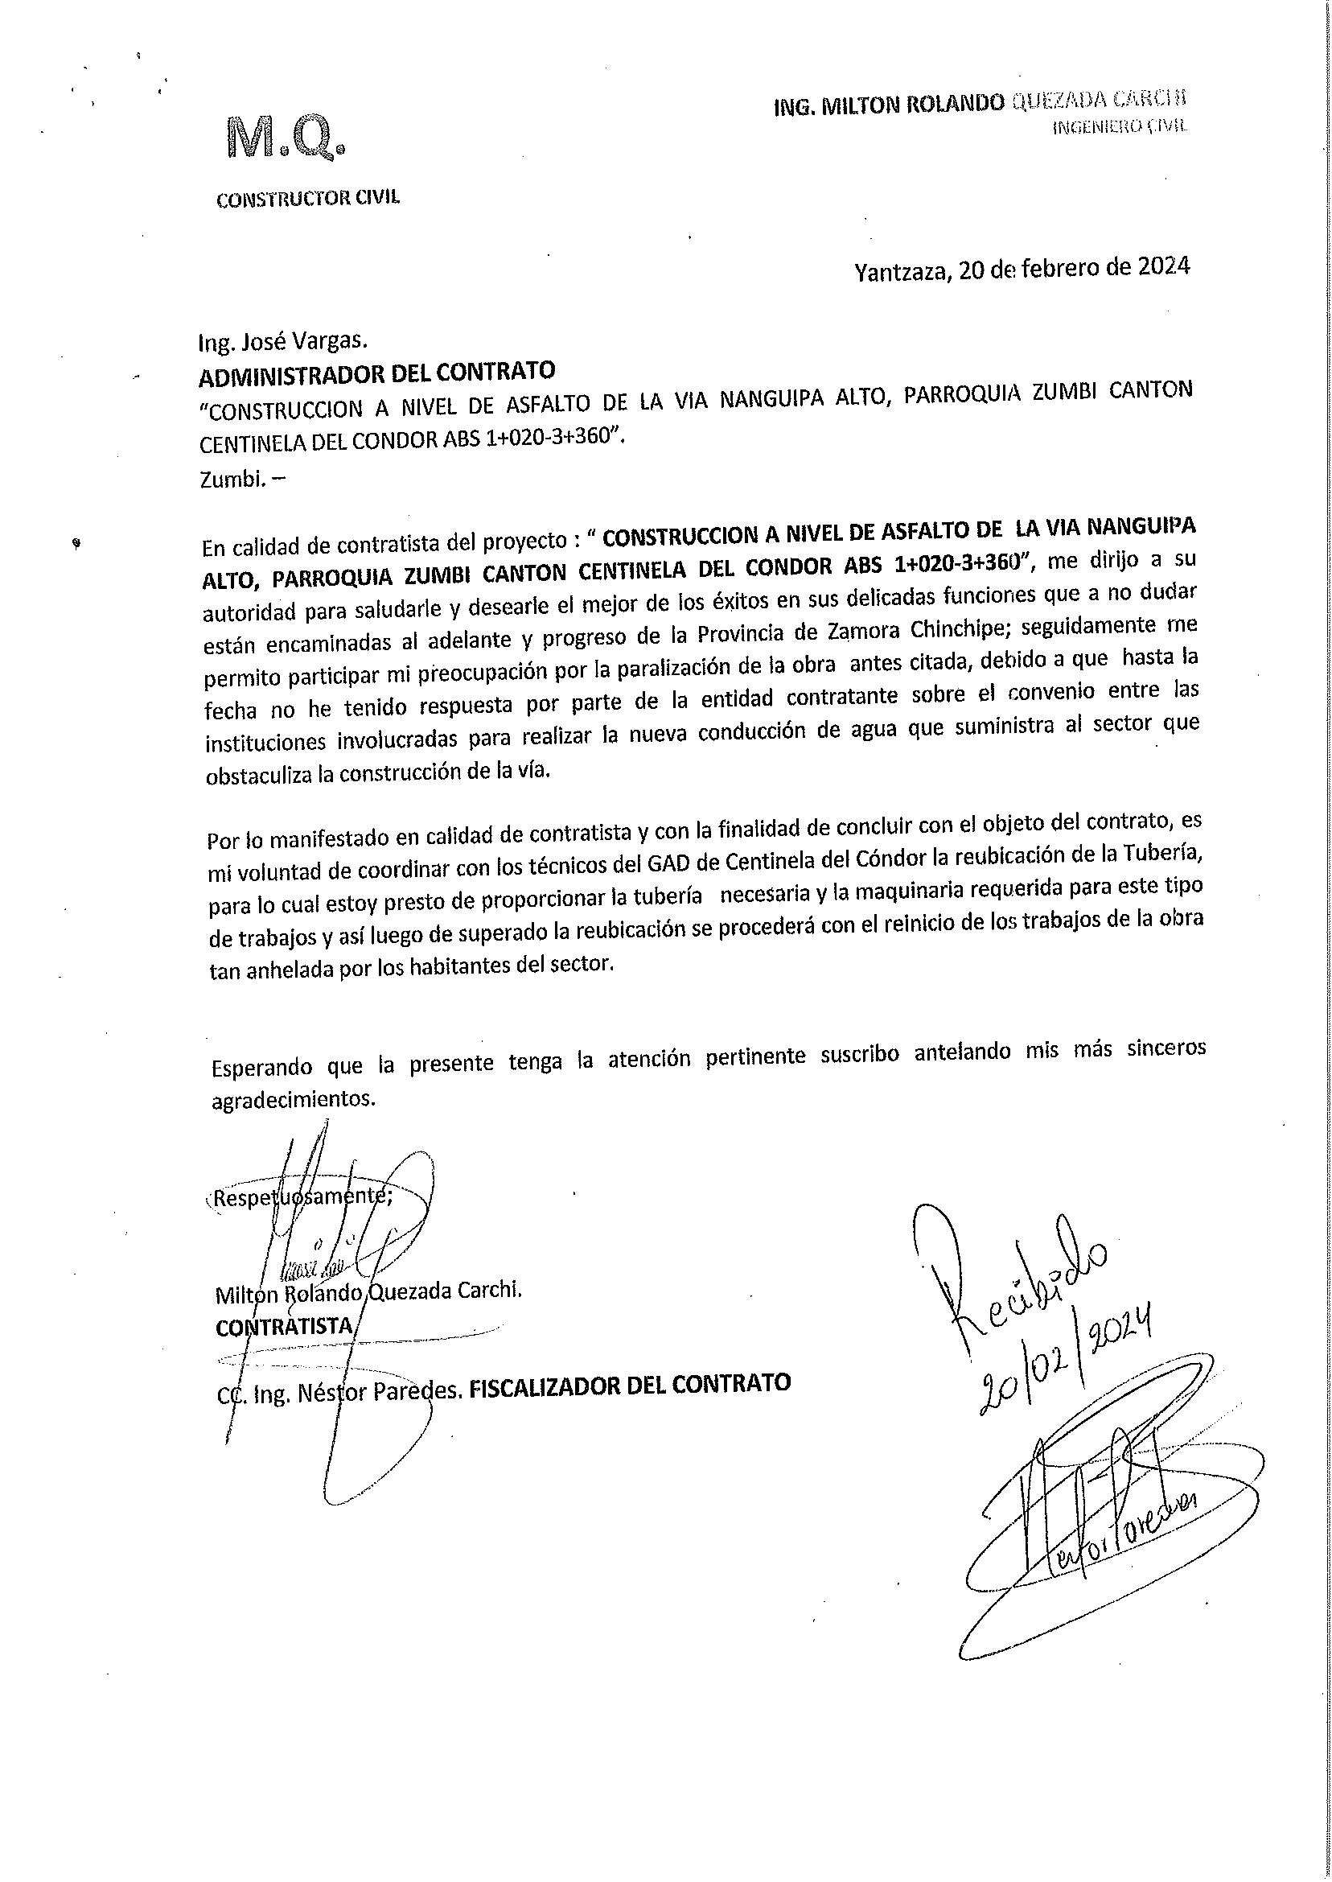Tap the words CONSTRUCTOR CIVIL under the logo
tap(307, 198)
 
